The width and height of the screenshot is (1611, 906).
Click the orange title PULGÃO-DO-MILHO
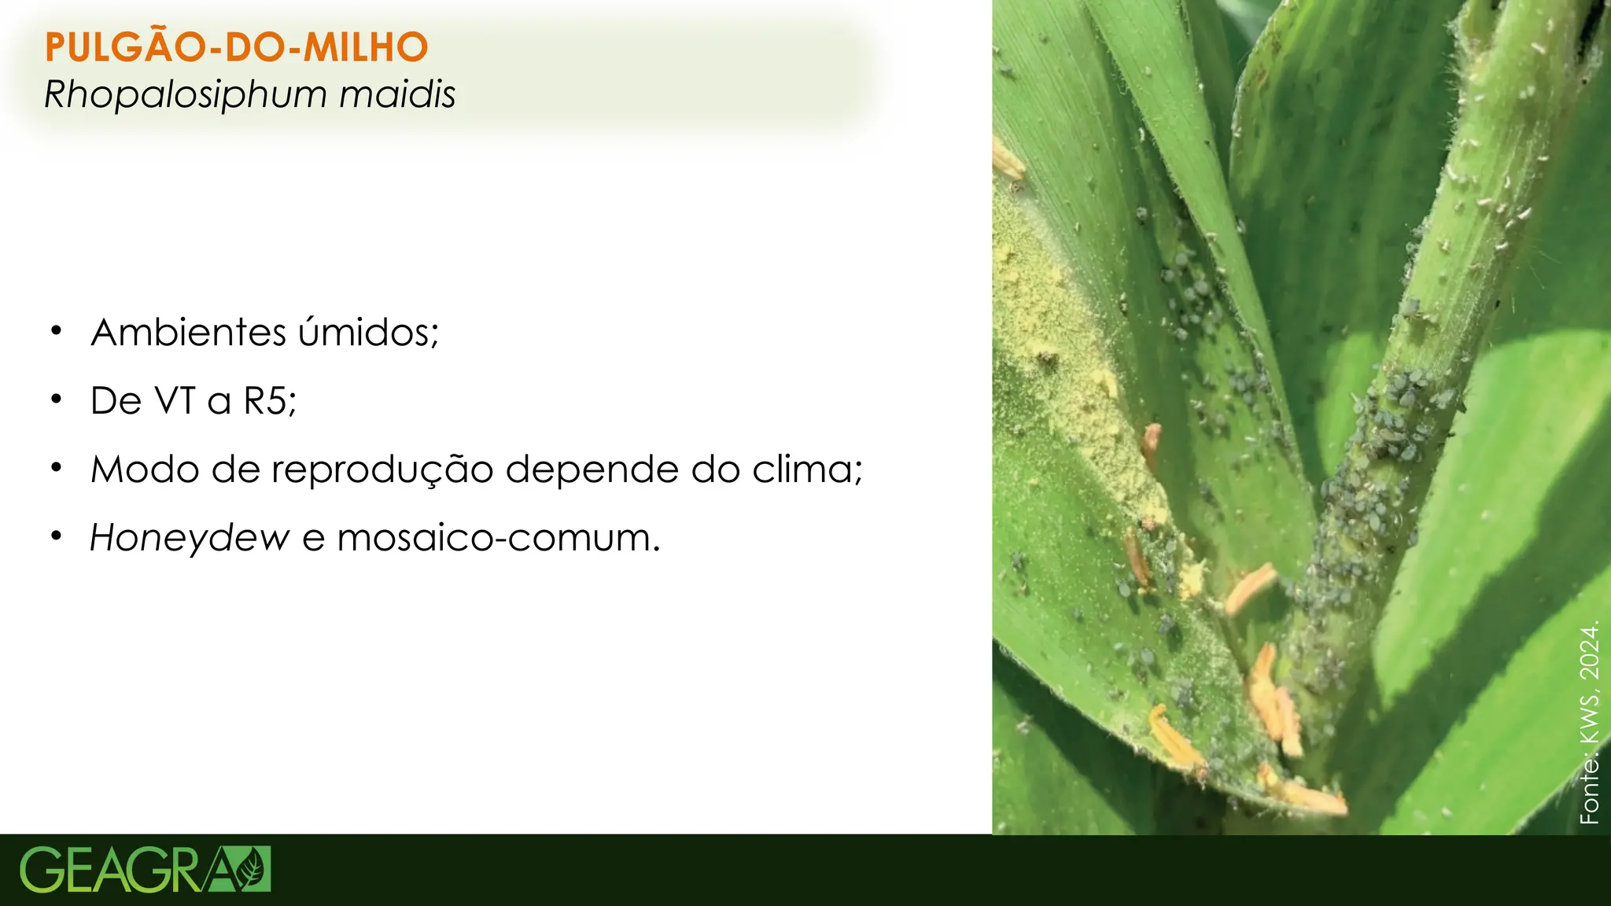coord(236,47)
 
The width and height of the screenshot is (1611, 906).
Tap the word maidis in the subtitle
coord(397,94)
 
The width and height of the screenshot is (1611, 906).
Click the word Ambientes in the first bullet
coord(188,333)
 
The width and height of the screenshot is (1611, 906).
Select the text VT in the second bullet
coord(175,401)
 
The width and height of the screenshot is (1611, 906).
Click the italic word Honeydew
coord(190,539)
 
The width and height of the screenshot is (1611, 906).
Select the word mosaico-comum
coord(498,538)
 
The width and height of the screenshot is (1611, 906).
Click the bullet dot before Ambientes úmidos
coord(56,331)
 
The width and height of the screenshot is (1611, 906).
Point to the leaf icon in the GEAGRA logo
coord(252,869)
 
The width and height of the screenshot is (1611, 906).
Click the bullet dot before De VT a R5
coord(56,400)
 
